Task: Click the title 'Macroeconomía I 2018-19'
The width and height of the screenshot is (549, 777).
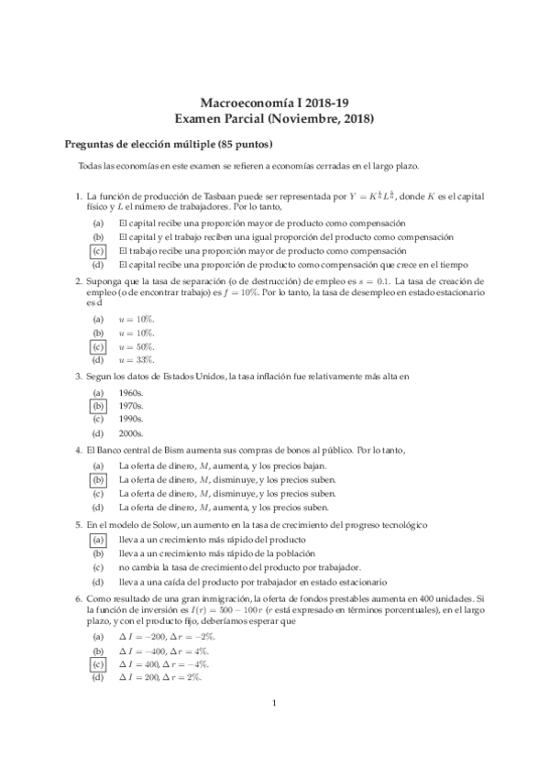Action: coord(274,104)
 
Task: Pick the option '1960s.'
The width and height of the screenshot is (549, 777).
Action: coord(131,392)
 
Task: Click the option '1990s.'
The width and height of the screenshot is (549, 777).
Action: coord(131,419)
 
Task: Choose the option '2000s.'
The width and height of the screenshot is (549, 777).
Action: coord(131,432)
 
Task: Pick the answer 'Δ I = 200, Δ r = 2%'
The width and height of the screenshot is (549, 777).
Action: coord(161,677)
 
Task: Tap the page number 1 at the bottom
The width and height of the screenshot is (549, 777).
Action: coord(274,729)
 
